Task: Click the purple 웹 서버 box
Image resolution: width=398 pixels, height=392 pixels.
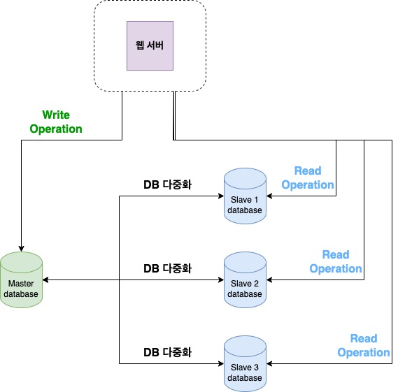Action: coord(150,45)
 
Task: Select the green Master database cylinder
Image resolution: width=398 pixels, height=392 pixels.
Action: coord(21,280)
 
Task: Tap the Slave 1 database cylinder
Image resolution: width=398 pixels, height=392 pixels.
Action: coord(245,196)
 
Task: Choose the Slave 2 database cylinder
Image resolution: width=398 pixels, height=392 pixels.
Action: coord(245,280)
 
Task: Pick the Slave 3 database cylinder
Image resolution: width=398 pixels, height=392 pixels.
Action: coord(245,363)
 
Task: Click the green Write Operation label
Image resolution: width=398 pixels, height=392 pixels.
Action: coord(56,122)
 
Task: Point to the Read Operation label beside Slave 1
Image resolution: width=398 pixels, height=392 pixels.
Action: coord(308,177)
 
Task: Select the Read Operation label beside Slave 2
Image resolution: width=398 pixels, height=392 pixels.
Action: coord(336,261)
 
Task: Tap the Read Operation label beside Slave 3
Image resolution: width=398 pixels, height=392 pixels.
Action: coord(364,346)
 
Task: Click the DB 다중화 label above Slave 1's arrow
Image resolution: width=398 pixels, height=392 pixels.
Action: coord(168,184)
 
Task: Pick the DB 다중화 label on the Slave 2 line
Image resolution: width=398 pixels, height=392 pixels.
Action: coord(168,268)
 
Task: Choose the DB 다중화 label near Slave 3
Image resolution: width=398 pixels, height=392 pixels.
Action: coord(168,352)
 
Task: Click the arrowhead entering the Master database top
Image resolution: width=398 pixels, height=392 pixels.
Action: coord(21,249)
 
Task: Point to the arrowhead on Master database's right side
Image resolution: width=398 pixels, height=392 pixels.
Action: coord(45,280)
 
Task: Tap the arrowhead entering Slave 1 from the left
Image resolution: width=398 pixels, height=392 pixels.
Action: coord(221,196)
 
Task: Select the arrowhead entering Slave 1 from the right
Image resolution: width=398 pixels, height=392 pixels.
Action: coord(269,196)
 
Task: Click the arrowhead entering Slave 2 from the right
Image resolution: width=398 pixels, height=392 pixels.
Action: coord(269,280)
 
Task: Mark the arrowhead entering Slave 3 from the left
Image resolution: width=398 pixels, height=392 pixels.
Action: coord(221,364)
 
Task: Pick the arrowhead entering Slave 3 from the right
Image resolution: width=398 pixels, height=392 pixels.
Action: coord(269,364)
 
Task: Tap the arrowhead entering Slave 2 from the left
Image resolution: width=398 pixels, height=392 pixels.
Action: coord(221,280)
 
